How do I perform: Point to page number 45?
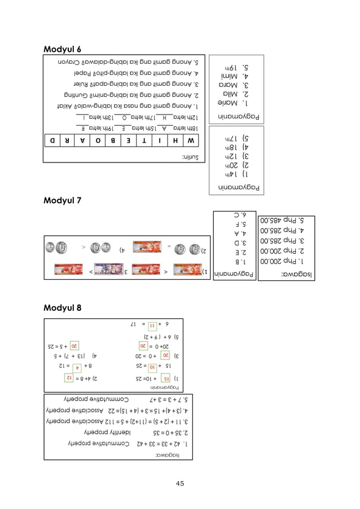(180, 483)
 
